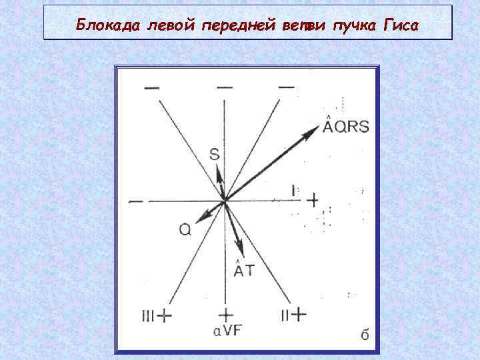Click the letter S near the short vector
[214, 154]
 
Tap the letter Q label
[185, 229]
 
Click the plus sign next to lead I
[312, 198]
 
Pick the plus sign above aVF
[226, 314]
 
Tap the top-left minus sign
[151, 88]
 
